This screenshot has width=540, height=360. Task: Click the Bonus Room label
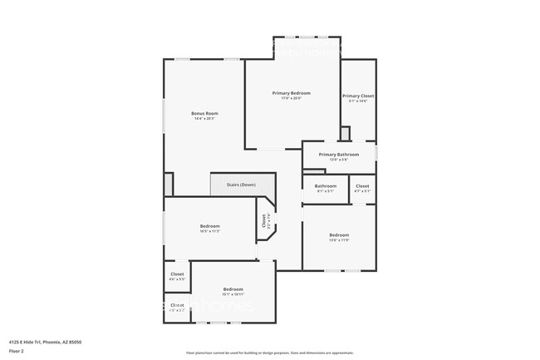204,113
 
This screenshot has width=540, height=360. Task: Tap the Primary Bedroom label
291,93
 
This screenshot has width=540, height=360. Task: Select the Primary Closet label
358,96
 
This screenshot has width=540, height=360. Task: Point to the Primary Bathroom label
338,154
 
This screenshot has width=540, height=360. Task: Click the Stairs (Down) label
241,185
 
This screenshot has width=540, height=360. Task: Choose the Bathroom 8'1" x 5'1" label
325,185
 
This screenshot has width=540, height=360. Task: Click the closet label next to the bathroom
362,185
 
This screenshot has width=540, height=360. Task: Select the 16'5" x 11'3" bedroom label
209,226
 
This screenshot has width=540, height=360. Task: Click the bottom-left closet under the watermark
177,305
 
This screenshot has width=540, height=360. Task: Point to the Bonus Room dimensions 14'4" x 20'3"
204,119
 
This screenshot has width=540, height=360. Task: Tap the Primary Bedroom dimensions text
291,99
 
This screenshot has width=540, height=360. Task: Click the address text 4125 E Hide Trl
45,342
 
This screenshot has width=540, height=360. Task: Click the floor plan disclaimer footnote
269,352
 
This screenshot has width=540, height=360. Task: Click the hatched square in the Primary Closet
346,133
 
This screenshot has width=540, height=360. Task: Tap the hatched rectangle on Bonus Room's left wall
169,183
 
